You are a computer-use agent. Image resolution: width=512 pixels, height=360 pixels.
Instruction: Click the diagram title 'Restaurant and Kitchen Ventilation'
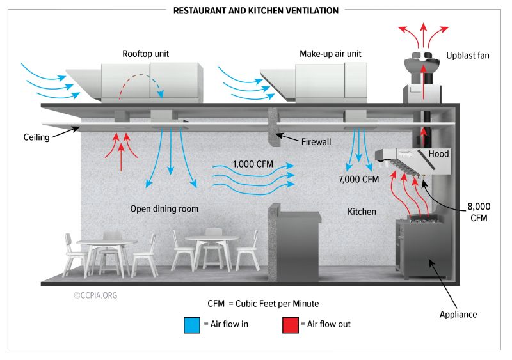[x=256, y=10]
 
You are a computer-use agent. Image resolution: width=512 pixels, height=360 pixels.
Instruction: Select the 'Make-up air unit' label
[x=330, y=54]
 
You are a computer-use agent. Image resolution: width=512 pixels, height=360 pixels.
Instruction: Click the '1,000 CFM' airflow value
[x=253, y=164]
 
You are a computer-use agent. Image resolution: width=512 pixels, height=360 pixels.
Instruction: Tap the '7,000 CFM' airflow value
[x=358, y=179]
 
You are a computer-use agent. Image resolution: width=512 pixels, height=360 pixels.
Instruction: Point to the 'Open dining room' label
[x=164, y=208]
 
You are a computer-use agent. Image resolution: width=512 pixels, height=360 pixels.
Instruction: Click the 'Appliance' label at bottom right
[x=458, y=314]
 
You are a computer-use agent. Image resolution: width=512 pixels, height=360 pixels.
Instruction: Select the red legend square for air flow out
[x=290, y=324]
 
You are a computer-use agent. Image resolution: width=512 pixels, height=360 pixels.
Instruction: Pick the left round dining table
[x=107, y=243]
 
